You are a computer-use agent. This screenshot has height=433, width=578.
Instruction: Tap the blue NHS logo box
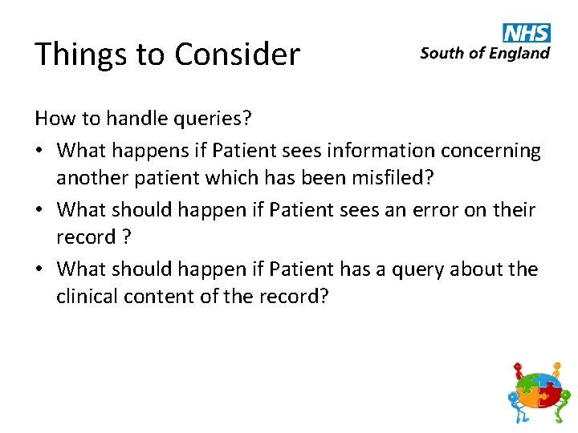(x=527, y=32)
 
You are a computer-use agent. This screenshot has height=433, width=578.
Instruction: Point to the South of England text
(x=485, y=53)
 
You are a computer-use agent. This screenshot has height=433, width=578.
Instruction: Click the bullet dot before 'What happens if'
(x=41, y=151)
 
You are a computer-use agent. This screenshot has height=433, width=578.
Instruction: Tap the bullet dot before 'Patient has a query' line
(x=41, y=269)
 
